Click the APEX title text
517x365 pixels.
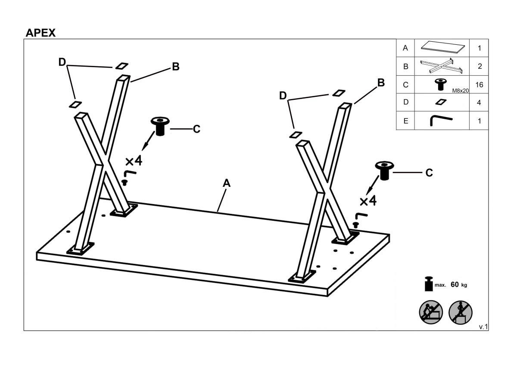pos(41,33)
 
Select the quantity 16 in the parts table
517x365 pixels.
pos(479,85)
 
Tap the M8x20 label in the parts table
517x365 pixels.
pos(460,91)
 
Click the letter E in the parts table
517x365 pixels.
pos(405,121)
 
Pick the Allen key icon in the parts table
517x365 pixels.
pos(441,121)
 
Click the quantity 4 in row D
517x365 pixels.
pos(479,103)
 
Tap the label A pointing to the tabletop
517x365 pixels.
pos(227,183)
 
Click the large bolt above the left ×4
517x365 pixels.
pos(160,126)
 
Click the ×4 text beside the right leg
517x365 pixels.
pos(368,201)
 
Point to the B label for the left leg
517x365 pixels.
pos(175,67)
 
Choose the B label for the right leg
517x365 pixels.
pos(381,82)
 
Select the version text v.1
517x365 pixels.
pos(483,327)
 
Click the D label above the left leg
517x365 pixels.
pos(62,62)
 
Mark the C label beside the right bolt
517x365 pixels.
pos(429,173)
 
